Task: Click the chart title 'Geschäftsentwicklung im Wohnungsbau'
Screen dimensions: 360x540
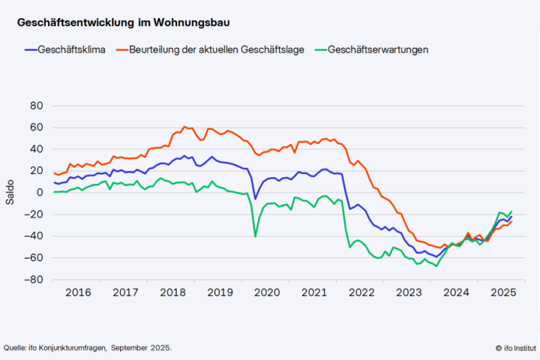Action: click(x=123, y=23)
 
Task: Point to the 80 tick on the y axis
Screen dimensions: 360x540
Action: click(x=37, y=106)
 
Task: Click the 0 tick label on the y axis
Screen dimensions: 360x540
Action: click(x=40, y=193)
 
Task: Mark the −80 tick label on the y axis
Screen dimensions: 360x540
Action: click(x=34, y=279)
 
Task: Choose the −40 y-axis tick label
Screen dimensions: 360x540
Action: click(x=34, y=236)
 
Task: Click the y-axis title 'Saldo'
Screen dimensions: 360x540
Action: click(x=10, y=193)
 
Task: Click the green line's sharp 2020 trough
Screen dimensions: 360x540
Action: click(x=255, y=236)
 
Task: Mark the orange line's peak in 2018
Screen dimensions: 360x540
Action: click(x=184, y=127)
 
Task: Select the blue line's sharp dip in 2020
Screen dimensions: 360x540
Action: click(x=255, y=199)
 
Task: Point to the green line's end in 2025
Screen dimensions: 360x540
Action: click(x=511, y=211)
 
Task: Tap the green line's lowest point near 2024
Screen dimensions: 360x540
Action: click(x=436, y=265)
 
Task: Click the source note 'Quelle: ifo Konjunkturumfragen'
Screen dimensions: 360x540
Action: click(x=87, y=347)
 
